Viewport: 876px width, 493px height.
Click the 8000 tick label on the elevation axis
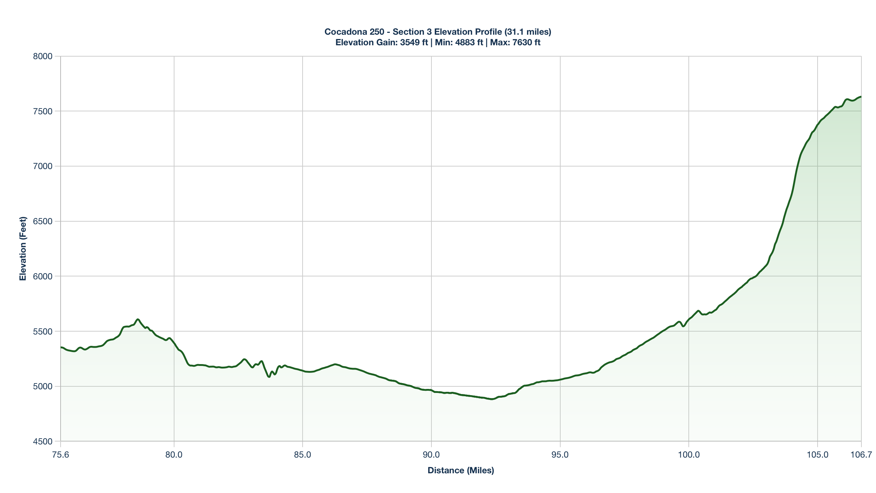point(43,56)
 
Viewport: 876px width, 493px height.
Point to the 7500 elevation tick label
point(43,111)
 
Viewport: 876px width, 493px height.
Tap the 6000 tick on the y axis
point(43,276)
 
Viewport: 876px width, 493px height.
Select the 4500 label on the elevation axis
point(43,442)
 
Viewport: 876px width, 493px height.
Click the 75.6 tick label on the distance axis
point(61,455)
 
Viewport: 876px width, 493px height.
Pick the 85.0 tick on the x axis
point(303,455)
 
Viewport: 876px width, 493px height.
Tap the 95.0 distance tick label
point(560,455)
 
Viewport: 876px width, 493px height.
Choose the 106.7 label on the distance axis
point(861,455)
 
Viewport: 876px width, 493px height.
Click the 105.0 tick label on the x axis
point(818,455)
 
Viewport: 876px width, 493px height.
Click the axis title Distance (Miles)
point(461,470)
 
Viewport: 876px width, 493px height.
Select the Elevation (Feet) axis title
point(23,249)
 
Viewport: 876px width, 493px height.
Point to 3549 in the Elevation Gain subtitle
point(410,42)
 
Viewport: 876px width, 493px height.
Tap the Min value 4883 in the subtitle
point(465,42)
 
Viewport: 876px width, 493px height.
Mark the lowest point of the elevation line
point(492,399)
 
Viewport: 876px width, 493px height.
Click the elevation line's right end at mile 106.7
point(861,97)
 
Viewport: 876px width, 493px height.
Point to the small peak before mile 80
point(138,319)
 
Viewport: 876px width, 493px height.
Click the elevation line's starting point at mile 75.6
point(61,347)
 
